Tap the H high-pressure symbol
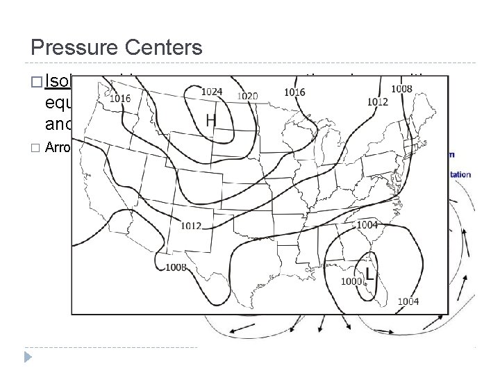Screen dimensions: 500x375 pos(210,120)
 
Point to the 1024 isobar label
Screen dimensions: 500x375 pos(212,90)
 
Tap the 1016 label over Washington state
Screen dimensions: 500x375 pos(120,99)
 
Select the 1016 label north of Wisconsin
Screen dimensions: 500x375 pos(294,92)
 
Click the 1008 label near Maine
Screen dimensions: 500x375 pos(401,88)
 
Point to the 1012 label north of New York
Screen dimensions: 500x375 pos(378,101)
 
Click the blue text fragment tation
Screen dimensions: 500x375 pos(460,174)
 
